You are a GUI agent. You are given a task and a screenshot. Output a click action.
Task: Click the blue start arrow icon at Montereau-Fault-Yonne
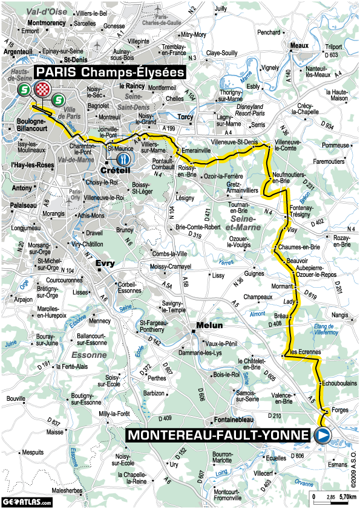[x=323, y=434]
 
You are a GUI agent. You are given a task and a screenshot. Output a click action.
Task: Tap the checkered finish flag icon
[x=41, y=89]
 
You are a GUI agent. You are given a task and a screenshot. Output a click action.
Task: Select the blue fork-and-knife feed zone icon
[x=124, y=159]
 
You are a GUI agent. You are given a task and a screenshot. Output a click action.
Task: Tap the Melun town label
[x=203, y=325]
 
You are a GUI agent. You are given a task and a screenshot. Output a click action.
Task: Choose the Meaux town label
[x=299, y=45]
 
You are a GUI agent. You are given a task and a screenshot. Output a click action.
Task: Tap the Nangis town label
[x=340, y=314]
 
